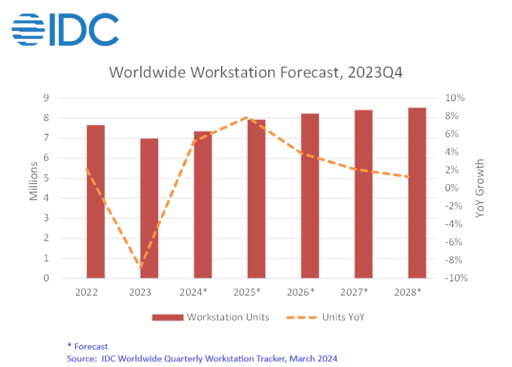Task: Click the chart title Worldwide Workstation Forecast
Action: point(255,72)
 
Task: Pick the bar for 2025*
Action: point(257,199)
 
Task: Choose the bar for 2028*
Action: point(417,193)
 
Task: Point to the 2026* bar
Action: point(310,195)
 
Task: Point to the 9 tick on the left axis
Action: point(46,98)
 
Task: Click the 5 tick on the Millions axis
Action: point(46,178)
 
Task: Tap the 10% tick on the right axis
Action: point(455,98)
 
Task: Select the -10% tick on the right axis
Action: point(454,278)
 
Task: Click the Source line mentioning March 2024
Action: point(202,358)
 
